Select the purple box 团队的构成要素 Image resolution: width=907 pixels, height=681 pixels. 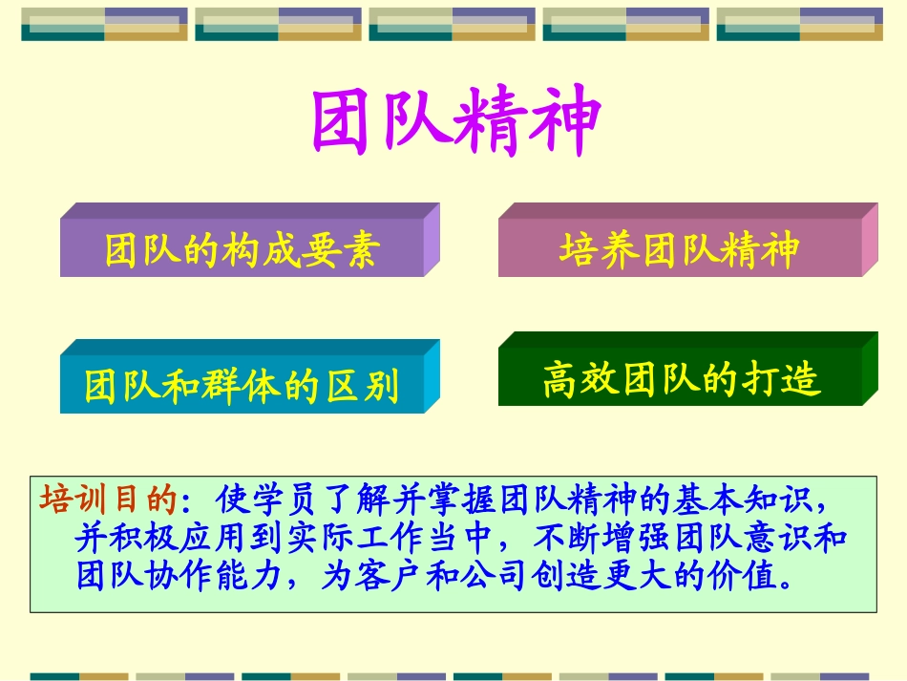point(243,249)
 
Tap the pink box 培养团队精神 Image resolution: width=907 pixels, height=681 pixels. point(679,249)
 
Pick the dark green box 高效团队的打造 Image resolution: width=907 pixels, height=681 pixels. point(681,378)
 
